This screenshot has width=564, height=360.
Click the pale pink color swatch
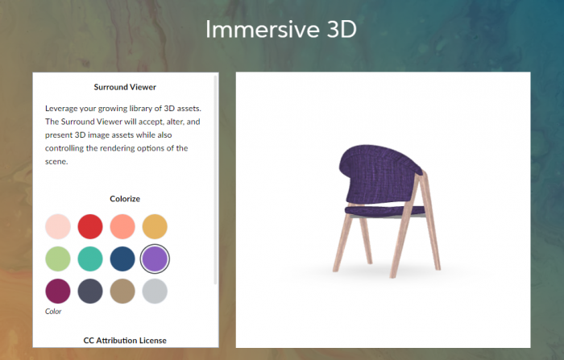pyautogui.click(x=58, y=226)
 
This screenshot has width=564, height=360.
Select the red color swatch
pyautogui.click(x=90, y=226)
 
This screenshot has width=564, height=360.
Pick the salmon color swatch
pyautogui.click(x=122, y=226)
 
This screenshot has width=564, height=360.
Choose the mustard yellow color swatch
pyautogui.click(x=155, y=226)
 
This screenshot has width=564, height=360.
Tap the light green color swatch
pyautogui.click(x=58, y=259)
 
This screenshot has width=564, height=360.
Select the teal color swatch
pyautogui.click(x=90, y=259)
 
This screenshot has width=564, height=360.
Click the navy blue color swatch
pyautogui.click(x=122, y=259)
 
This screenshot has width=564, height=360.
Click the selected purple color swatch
pyautogui.click(x=155, y=259)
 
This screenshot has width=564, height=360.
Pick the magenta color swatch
pyautogui.click(x=58, y=292)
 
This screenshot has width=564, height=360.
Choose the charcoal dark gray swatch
pyautogui.click(x=90, y=292)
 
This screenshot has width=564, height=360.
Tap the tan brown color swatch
pyautogui.click(x=122, y=292)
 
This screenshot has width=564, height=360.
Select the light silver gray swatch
pyautogui.click(x=155, y=292)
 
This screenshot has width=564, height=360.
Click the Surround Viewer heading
pyautogui.click(x=125, y=87)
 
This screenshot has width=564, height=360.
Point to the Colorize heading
pyautogui.click(x=125, y=199)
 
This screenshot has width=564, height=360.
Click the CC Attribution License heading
pyautogui.click(x=125, y=341)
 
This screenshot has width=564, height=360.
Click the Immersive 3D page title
pyautogui.click(x=281, y=29)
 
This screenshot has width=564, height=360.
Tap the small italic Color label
pyautogui.click(x=53, y=312)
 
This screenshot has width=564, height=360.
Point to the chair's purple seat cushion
pyautogui.click(x=385, y=210)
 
